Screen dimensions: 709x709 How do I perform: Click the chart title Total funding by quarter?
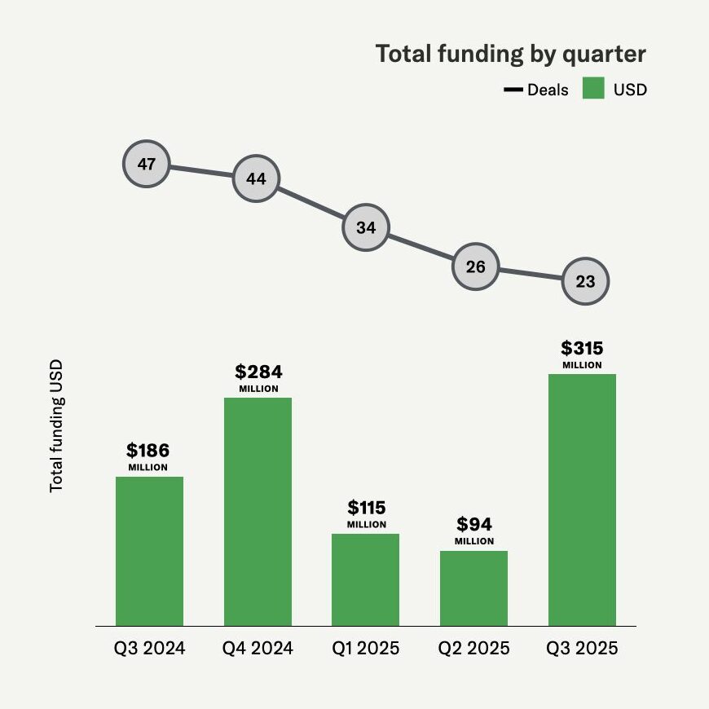[510, 55]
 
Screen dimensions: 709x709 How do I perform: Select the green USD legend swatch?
[593, 89]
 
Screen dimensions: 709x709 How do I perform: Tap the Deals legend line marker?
[513, 90]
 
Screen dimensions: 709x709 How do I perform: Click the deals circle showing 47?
[147, 165]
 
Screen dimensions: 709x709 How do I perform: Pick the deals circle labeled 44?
[256, 178]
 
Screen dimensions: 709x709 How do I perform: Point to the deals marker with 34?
[366, 227]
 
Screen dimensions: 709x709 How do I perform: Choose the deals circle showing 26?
[475, 266]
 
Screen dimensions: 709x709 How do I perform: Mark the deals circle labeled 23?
[585, 282]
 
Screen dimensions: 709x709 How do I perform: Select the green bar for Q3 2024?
[149, 551]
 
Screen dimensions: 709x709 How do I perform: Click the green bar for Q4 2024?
[258, 512]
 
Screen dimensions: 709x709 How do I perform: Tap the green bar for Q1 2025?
[365, 579]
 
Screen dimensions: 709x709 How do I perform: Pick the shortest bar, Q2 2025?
[473, 588]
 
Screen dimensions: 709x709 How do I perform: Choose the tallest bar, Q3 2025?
[582, 500]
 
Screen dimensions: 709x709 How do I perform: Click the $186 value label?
[148, 451]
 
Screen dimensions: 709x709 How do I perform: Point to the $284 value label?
[258, 372]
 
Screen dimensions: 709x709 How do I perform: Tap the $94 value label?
[474, 524]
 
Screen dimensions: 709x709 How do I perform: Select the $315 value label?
[582, 349]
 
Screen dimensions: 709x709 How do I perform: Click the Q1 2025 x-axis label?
[366, 649]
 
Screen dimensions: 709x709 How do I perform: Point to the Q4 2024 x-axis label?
[258, 649]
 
